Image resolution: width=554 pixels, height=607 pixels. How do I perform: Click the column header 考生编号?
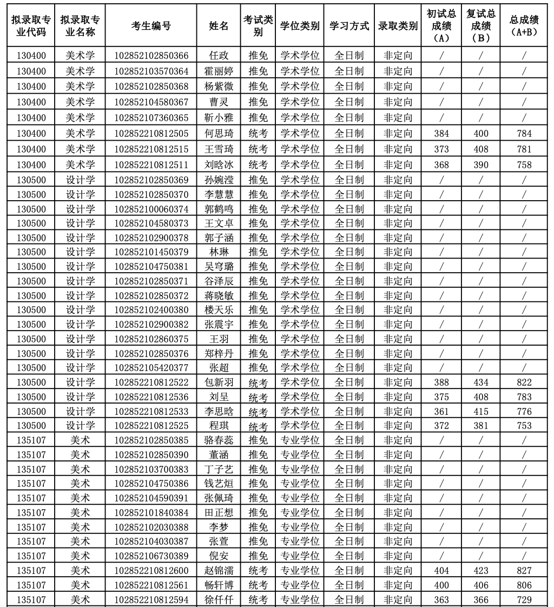tap(151, 25)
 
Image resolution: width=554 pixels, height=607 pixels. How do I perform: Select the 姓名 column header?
tap(219, 25)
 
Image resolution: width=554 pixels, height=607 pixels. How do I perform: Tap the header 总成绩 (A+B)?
tap(524, 25)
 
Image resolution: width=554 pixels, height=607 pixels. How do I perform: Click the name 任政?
tap(219, 55)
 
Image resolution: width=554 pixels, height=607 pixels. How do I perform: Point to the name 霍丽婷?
tap(219, 71)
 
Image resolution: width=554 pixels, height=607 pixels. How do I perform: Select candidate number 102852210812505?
tap(151, 133)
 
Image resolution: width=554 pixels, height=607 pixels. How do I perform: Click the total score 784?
tap(524, 133)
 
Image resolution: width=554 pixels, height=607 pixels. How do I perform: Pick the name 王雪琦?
tap(219, 149)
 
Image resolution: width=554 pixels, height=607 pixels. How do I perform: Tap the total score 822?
tap(524, 382)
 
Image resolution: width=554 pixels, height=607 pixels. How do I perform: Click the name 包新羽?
tap(219, 382)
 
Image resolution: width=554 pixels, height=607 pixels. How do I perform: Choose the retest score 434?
tap(480, 382)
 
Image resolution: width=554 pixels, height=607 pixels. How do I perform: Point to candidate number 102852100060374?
tap(151, 209)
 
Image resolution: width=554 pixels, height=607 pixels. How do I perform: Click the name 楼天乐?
tap(219, 309)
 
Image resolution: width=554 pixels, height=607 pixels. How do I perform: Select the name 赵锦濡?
tap(219, 570)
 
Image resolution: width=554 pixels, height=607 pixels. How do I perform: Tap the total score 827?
tap(524, 570)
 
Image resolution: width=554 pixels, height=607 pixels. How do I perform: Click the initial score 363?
tap(441, 599)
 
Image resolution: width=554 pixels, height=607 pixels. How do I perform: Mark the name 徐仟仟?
tap(219, 599)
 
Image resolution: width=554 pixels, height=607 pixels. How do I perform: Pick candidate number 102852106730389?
tap(151, 556)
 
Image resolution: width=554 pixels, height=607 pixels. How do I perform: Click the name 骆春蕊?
tap(219, 440)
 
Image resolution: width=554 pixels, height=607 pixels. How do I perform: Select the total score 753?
tap(524, 425)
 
